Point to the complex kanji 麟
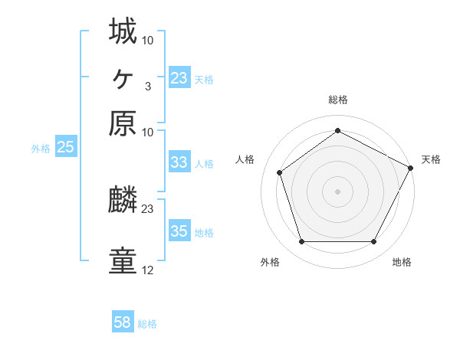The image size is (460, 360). pos(123,200)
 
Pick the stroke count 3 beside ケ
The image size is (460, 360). pos(148,86)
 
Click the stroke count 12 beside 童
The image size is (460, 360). pos(148,270)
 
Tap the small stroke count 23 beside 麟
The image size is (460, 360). pos(148,208)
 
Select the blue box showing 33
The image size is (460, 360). pos(179,162)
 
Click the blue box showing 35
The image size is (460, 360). pos(179,231)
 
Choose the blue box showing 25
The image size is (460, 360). pos(65,148)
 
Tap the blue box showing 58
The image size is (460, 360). pos(123,322)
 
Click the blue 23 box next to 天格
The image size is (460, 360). pos(179,78)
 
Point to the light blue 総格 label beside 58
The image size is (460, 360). pos(147,324)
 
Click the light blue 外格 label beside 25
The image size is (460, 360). pos(41,149)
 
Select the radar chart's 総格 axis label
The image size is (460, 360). pos(337,100)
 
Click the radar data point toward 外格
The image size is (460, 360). pos(301,242)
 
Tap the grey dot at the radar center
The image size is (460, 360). pos(337,191)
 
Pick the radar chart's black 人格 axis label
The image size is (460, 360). pos(245,159)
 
